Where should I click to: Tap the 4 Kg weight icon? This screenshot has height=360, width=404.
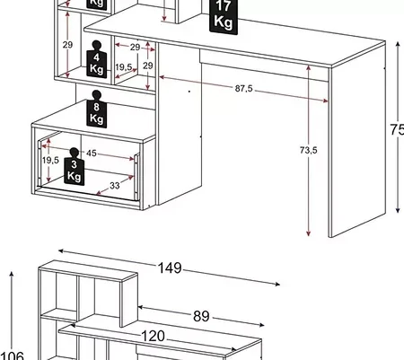97,62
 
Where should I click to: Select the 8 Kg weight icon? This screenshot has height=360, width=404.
97,111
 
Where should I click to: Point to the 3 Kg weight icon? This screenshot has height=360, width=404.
74,170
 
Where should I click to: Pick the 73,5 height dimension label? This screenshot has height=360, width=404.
308,150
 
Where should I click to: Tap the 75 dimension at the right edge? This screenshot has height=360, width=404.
396,129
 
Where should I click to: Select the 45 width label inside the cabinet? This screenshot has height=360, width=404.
92,153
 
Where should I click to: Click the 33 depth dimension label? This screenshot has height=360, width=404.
115,186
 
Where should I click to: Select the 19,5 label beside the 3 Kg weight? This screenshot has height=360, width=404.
49,160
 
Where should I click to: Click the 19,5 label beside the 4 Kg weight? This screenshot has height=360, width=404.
124,68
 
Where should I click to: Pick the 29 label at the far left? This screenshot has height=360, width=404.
66,44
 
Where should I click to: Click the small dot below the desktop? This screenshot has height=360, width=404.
189,91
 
